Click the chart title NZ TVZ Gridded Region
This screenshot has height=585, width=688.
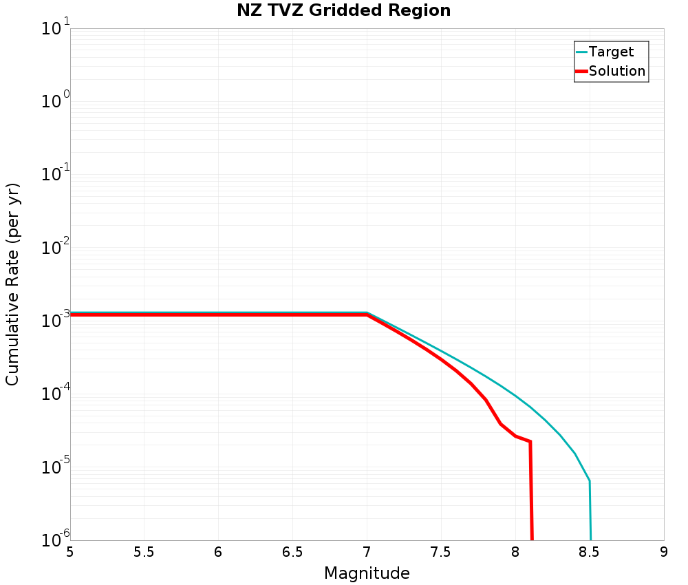tap(344, 11)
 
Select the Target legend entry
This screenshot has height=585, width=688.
tap(611, 52)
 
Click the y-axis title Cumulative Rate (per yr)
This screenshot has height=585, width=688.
tap(13, 284)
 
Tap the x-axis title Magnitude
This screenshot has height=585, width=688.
tap(367, 573)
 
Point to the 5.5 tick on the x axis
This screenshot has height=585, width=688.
tap(144, 552)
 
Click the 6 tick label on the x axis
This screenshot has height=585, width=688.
tap(218, 552)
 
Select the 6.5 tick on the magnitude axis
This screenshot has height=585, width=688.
tap(292, 552)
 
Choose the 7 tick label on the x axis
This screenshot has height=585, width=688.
tap(367, 552)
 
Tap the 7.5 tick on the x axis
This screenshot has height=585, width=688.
tap(441, 552)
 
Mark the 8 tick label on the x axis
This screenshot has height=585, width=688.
tap(515, 552)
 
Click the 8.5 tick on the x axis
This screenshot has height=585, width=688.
tap(590, 552)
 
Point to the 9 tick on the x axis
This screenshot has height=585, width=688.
tap(664, 552)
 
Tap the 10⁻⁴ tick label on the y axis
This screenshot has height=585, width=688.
tap(53, 394)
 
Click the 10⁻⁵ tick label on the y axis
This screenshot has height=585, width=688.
tap(53, 467)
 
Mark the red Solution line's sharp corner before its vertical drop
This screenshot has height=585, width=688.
tap(530, 442)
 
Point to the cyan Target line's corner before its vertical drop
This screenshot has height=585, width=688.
tap(590, 480)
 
